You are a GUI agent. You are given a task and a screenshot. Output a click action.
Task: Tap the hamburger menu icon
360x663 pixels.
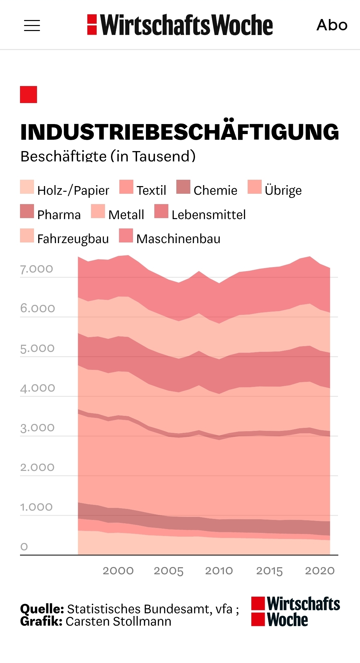click(32, 25)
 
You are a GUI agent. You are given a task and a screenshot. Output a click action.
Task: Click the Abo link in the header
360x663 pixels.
click(332, 25)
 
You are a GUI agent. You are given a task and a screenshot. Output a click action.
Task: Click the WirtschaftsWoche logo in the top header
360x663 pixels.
click(180, 25)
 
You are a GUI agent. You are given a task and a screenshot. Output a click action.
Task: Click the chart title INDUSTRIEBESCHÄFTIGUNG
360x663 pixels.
click(179, 132)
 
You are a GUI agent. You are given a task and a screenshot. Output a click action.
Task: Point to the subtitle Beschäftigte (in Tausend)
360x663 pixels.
click(108, 156)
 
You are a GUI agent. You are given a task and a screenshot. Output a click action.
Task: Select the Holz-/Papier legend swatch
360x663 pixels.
click(27, 187)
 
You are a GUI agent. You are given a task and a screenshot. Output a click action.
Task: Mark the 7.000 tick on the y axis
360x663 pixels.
click(37, 269)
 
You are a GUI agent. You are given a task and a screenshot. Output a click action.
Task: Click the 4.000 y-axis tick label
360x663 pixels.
click(37, 388)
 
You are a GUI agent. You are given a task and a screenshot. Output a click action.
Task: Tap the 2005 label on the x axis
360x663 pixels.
click(169, 571)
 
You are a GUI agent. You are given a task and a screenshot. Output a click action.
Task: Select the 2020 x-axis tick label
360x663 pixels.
click(320, 571)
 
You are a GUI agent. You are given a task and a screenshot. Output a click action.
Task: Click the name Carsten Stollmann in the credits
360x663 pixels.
click(118, 622)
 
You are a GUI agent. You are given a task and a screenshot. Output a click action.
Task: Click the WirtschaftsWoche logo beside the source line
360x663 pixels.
click(295, 612)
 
